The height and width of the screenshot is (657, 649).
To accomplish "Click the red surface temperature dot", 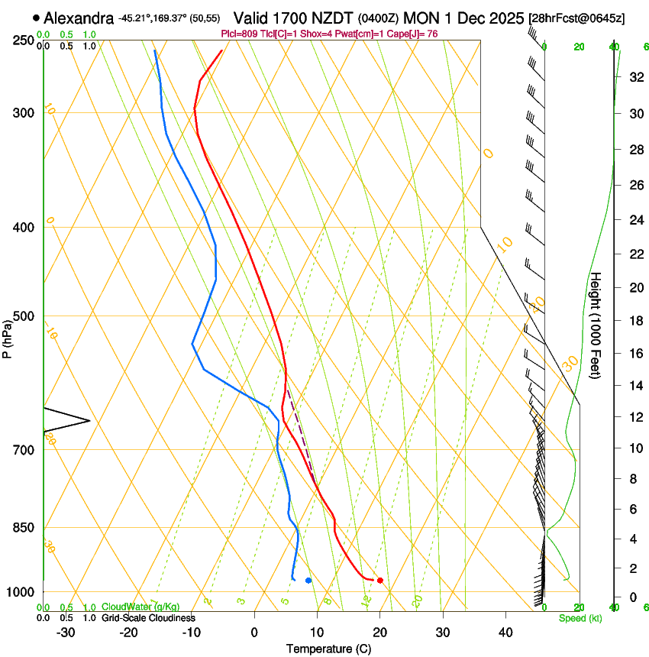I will (x=379, y=581).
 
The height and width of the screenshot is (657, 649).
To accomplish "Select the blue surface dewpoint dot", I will (x=308, y=581).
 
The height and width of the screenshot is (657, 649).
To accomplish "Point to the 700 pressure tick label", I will (x=24, y=450).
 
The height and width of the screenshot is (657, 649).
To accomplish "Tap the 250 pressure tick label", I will (x=24, y=40).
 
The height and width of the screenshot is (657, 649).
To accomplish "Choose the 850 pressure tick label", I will (x=24, y=528).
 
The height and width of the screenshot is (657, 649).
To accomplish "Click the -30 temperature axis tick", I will (x=66, y=632).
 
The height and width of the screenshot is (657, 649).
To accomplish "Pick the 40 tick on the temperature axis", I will (x=505, y=632).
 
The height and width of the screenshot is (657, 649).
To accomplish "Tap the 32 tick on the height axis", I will (x=634, y=77).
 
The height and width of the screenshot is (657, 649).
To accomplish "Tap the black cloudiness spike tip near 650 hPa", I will (x=90, y=420).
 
